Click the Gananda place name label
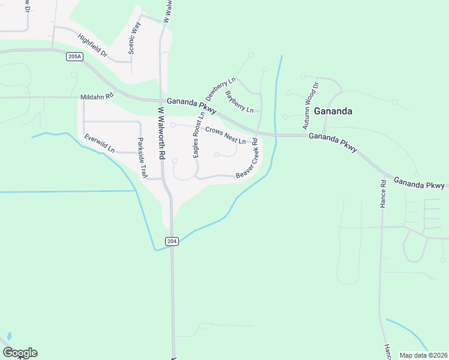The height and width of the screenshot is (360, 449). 332,111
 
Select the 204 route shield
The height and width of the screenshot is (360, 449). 172,241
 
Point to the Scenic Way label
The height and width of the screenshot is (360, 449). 135,38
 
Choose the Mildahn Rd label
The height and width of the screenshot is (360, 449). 97,96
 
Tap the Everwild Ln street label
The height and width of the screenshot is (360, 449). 100,143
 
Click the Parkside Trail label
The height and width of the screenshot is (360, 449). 142,158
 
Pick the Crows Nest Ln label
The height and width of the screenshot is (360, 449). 226,135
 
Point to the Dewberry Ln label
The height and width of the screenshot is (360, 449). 221,89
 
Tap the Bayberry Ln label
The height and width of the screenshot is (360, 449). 240,101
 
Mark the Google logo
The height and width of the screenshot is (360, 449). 20,353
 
